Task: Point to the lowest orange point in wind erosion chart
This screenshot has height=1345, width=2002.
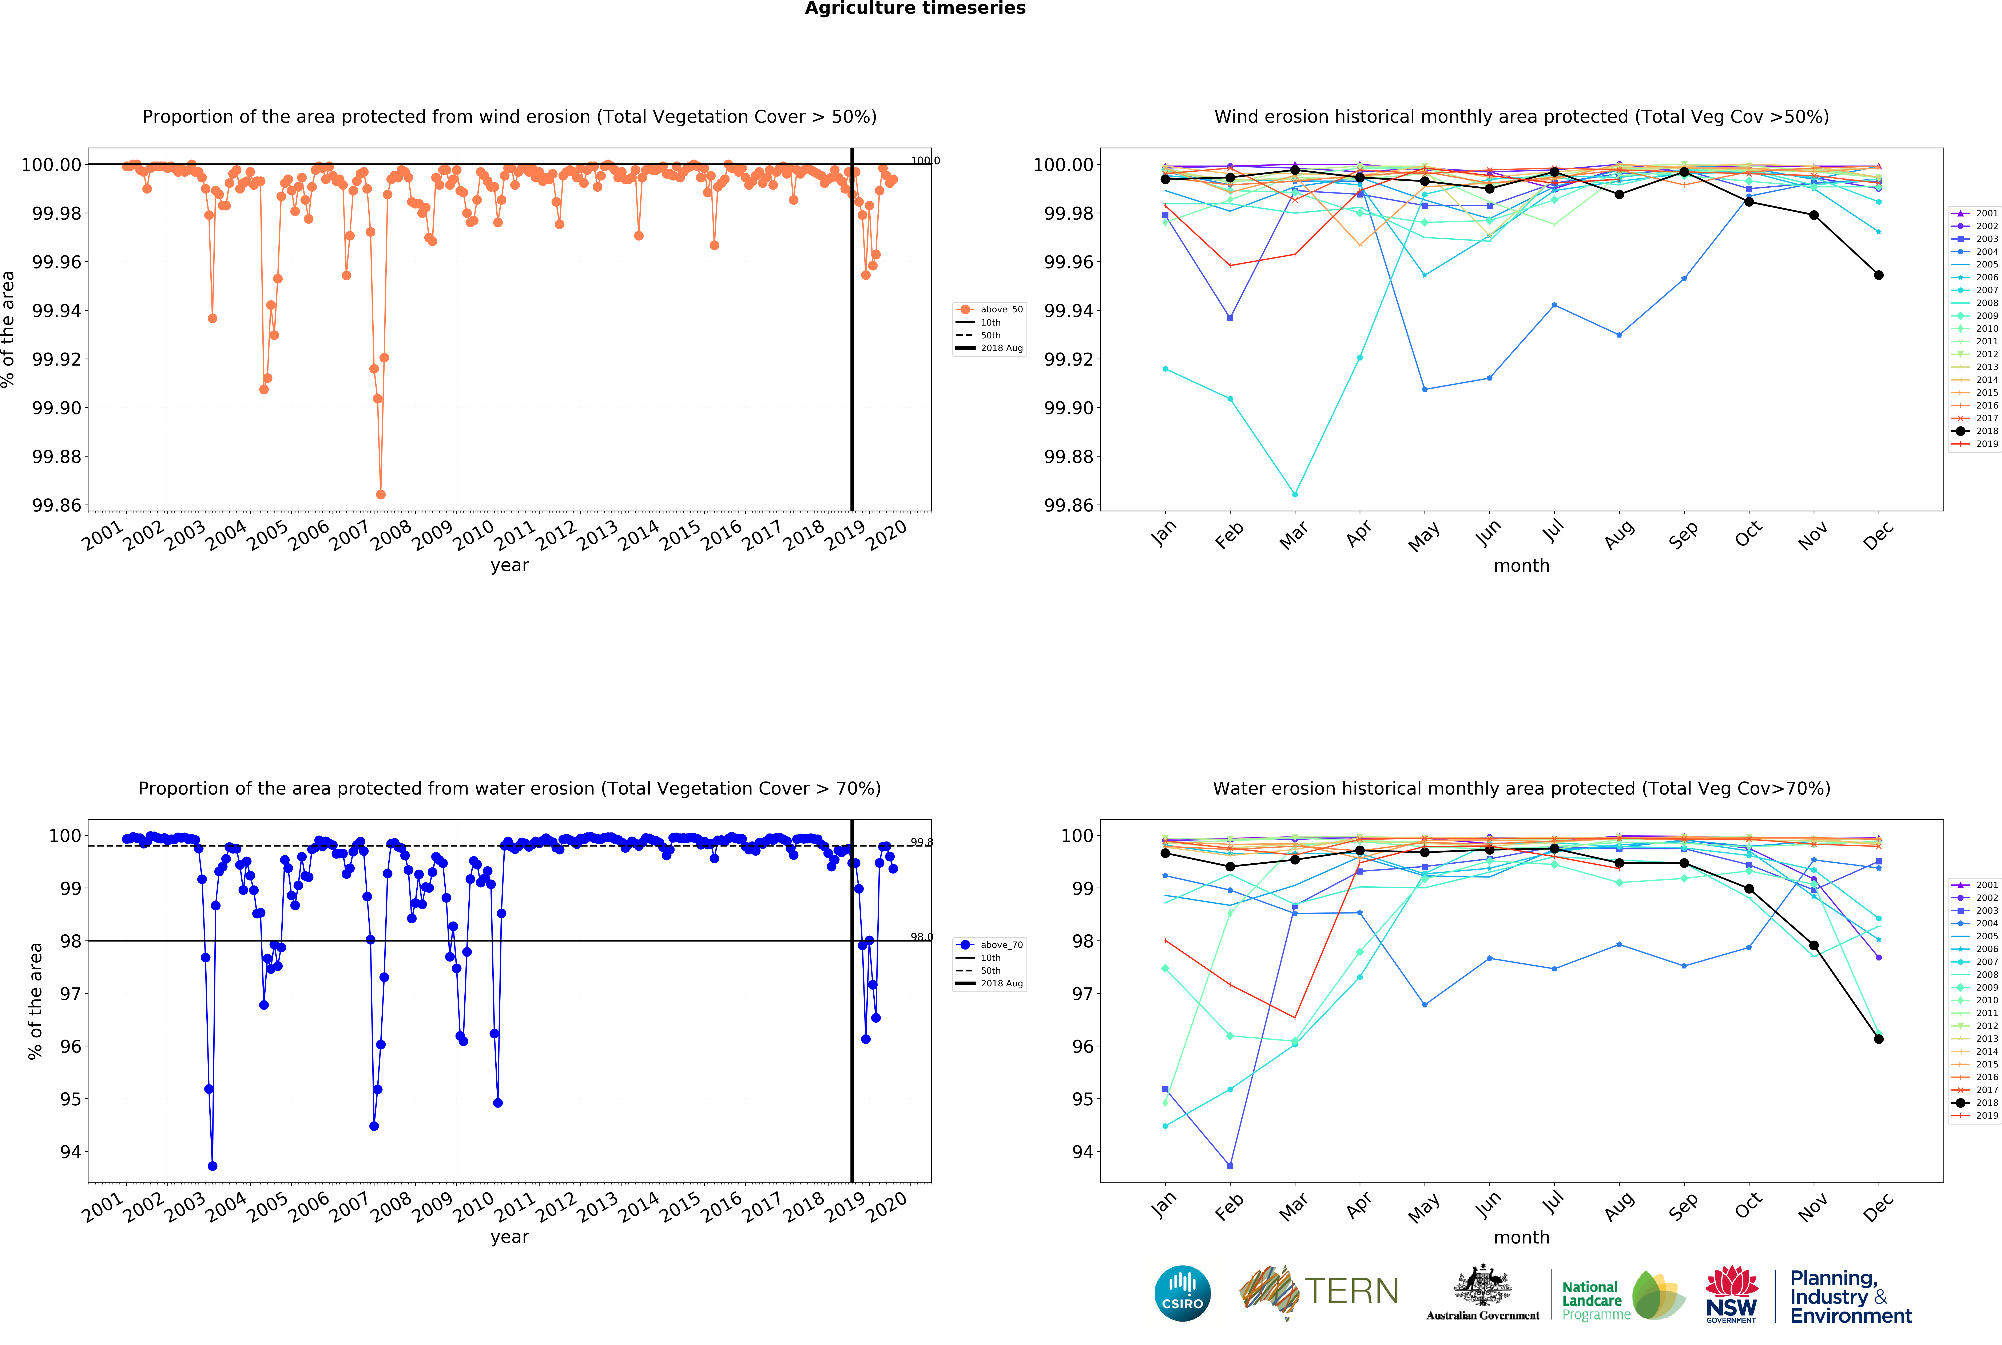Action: tap(381, 494)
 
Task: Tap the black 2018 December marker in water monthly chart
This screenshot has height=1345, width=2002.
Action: tap(1879, 1039)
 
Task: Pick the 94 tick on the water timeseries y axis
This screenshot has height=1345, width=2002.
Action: tap(70, 1152)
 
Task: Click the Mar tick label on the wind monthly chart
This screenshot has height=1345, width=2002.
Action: tap(1293, 534)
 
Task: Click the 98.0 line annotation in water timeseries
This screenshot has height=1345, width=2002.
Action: tap(921, 937)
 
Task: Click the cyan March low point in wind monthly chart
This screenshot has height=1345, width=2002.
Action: tap(1294, 494)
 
